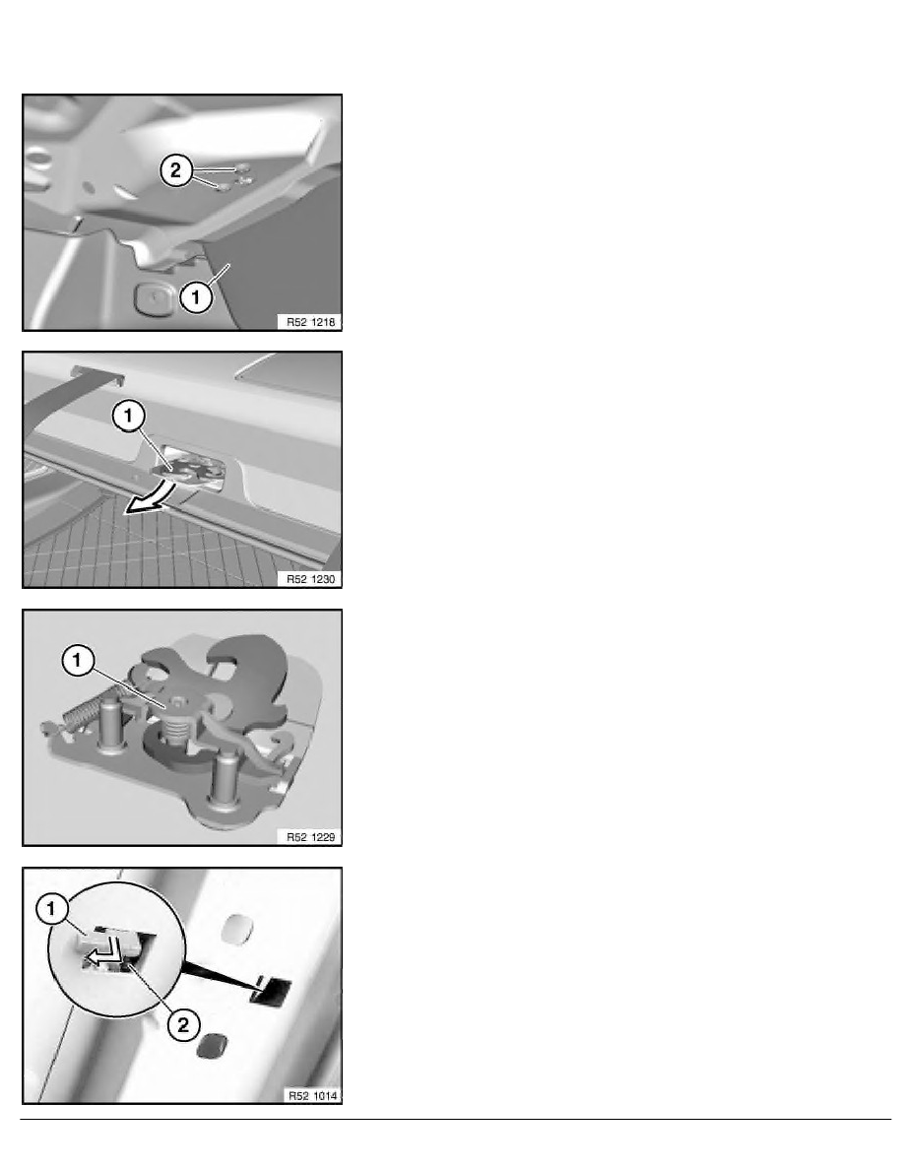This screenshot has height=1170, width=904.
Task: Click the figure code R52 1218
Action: pos(311,322)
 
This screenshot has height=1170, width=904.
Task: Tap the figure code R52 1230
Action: pos(311,579)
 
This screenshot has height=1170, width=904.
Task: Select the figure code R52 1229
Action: pos(311,837)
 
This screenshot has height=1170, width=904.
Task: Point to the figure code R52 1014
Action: pos(312,1095)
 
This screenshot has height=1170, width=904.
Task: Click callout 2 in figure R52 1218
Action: pos(175,171)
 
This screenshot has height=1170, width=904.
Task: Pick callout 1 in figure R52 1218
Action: pos(195,297)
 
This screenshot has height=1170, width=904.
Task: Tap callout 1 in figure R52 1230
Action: pos(128,416)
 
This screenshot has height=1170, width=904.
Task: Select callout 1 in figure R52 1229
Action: pos(78,661)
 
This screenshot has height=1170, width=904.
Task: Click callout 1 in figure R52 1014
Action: pos(51,909)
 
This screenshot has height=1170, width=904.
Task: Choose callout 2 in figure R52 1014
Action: pos(183,1024)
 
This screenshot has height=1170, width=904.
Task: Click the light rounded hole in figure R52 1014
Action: pos(238,928)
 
